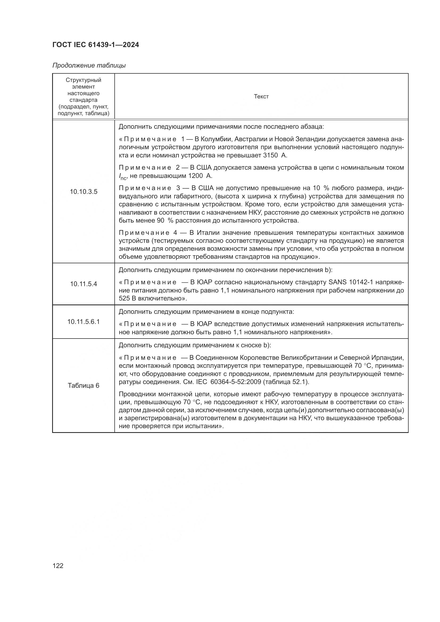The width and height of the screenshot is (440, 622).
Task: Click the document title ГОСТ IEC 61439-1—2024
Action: pos(96,45)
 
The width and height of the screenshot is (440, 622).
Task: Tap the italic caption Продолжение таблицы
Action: pos(89,66)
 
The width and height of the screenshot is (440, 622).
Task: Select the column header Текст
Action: pos(261,97)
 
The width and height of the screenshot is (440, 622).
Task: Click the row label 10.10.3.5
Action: pos(84,192)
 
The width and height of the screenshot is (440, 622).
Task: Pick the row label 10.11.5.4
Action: pos(84,284)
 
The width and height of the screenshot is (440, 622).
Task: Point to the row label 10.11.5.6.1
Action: pos(84,322)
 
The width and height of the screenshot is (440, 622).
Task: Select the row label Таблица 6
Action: pos(84,386)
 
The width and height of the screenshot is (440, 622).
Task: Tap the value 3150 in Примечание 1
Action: pos(270,156)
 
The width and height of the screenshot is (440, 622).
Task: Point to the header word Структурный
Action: pos(84,80)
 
